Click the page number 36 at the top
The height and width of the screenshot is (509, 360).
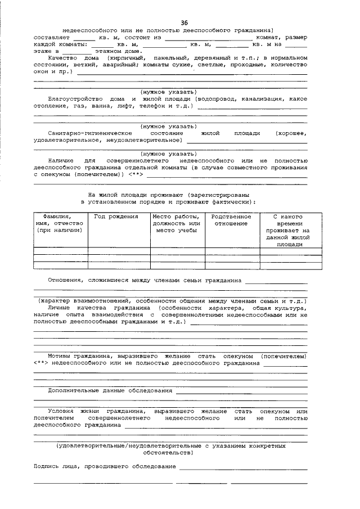pyautogui.click(x=184, y=22)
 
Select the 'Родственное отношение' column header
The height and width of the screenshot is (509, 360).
pyautogui.click(x=231, y=220)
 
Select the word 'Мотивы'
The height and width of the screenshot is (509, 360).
pyautogui.click(x=59, y=356)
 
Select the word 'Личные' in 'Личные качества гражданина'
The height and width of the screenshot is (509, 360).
pyautogui.click(x=60, y=308)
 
